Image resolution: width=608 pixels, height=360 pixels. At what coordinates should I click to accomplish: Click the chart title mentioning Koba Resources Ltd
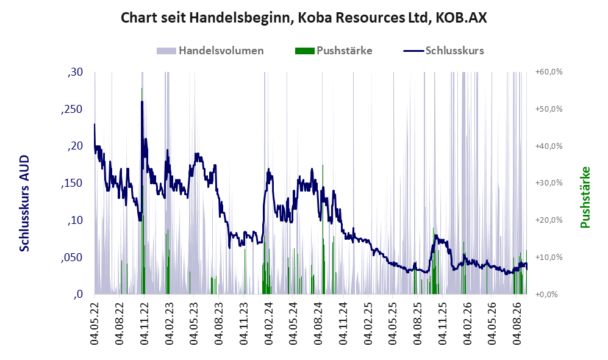coord(304,18)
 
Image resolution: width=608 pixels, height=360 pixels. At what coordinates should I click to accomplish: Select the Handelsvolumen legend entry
coord(210,51)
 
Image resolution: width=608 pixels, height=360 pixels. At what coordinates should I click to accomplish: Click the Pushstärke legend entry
coord(334,51)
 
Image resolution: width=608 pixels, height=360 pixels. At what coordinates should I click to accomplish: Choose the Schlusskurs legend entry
coord(443,51)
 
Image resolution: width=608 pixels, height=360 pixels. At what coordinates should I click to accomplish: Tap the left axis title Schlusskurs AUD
coord(24,203)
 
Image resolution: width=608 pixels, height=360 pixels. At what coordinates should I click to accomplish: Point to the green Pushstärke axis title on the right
coord(585,198)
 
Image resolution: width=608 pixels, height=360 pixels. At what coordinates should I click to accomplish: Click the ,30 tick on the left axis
coord(75,72)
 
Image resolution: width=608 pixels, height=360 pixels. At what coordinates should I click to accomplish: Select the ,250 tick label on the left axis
coord(72,109)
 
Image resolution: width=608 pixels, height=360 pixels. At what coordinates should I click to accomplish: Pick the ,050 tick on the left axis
coord(72,257)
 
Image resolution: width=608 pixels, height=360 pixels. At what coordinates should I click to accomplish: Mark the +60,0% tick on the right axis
coord(549,72)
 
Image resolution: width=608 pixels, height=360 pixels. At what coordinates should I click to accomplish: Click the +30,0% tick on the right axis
coord(549,183)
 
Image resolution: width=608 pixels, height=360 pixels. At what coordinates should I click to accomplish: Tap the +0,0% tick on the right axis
coord(546,295)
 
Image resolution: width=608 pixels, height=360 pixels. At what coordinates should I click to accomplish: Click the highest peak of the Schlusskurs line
coord(142,102)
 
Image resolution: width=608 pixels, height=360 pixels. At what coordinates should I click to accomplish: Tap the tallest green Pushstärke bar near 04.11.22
coord(142,191)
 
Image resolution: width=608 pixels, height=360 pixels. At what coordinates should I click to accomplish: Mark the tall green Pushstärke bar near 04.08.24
coord(323,229)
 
